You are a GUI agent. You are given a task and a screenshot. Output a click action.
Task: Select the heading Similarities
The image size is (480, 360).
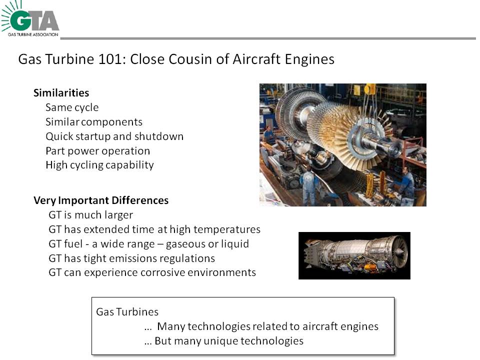(61, 93)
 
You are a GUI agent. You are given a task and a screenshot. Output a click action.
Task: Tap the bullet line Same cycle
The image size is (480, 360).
(72, 107)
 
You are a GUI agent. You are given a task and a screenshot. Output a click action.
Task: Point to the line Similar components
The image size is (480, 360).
(94, 122)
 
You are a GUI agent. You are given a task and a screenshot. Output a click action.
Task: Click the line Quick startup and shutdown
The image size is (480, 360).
(114, 136)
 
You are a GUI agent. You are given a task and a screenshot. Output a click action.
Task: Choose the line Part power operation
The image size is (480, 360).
(97, 151)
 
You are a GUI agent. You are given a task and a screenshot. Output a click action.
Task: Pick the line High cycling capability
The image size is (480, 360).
(99, 165)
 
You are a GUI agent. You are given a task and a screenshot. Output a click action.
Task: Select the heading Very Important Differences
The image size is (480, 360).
(101, 200)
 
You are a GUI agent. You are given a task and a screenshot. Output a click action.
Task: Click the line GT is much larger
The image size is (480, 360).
(90, 215)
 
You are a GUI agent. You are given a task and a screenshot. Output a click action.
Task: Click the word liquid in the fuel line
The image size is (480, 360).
(235, 244)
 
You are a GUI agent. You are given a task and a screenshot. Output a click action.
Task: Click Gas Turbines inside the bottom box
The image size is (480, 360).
(127, 311)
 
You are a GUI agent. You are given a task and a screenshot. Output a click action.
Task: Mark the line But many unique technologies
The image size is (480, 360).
(224, 340)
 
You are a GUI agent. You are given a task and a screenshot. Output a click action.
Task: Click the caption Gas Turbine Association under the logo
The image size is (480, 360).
(33, 34)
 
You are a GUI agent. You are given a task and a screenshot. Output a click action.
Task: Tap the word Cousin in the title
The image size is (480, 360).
(190, 59)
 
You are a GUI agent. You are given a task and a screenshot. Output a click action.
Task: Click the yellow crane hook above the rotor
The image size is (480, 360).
(370, 89)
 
